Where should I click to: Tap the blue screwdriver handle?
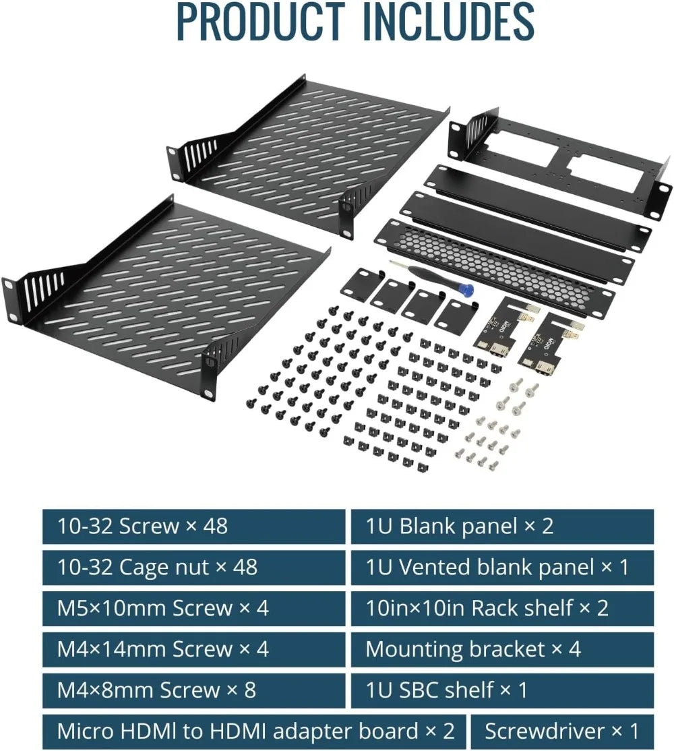point(466,289)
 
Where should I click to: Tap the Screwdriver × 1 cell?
point(561,731)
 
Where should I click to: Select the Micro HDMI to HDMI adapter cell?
point(255,731)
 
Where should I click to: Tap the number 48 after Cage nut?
point(243,567)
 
